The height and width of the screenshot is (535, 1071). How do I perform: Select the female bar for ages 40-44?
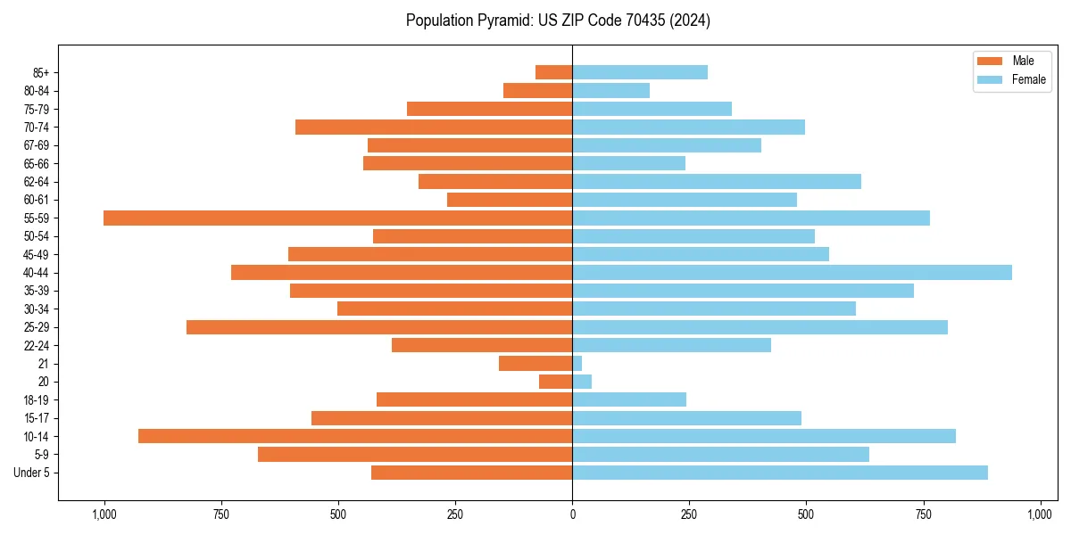tap(792, 272)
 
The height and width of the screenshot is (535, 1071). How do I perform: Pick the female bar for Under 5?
tap(780, 473)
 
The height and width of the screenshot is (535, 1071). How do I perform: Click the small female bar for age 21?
tap(577, 364)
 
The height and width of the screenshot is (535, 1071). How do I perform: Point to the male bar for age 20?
tap(555, 382)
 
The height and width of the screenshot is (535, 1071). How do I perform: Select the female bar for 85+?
tap(640, 72)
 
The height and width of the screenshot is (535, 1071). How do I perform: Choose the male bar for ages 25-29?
tap(379, 327)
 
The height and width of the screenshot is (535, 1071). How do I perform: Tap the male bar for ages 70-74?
tap(434, 127)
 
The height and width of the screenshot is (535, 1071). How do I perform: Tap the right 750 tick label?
tap(923, 514)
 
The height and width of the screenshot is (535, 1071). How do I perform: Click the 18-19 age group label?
tap(37, 399)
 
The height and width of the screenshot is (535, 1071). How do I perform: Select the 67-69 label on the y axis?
tap(37, 145)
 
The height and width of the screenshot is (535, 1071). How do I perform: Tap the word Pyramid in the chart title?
tap(502, 21)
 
